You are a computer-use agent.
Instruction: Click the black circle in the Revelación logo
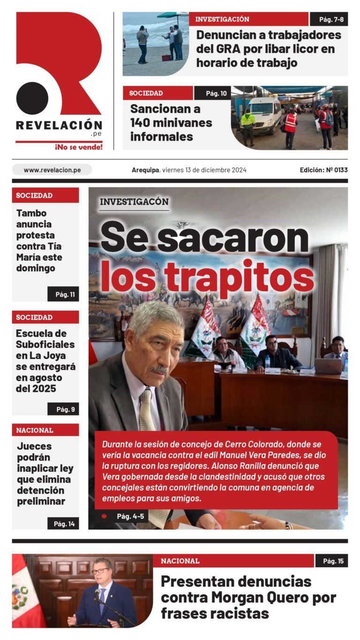click(x=32, y=98)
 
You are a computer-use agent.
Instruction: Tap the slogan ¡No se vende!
click(x=78, y=147)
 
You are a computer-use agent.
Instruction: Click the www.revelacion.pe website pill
click(x=52, y=170)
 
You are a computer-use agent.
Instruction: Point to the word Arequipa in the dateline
click(x=145, y=170)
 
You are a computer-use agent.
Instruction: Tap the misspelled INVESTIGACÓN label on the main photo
click(x=134, y=202)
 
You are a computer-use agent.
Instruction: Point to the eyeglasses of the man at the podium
click(x=100, y=571)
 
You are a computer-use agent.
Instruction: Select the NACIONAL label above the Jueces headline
click(x=35, y=430)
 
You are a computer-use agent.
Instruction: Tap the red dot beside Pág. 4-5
click(x=104, y=516)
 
